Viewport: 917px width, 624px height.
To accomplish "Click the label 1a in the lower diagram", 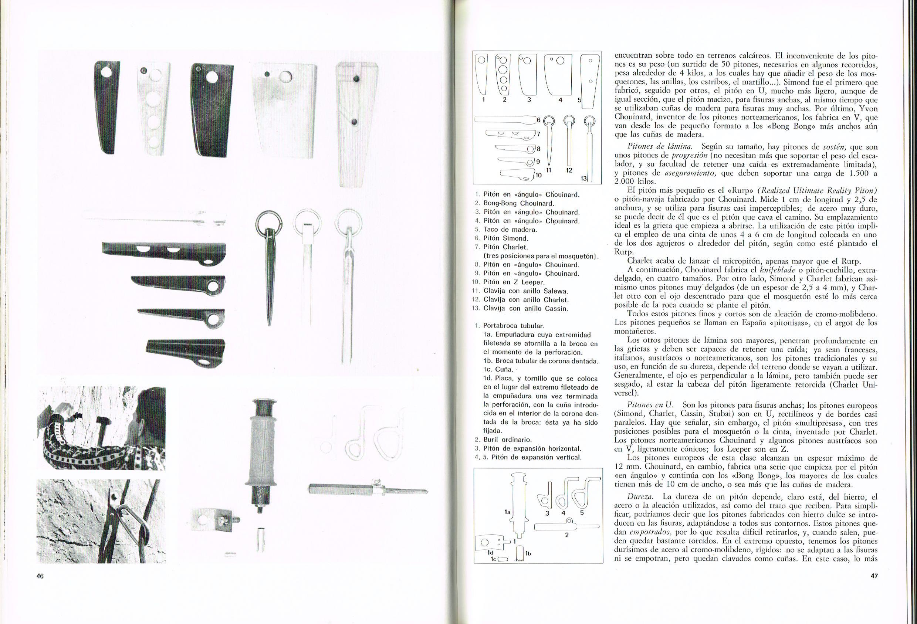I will click(508, 512).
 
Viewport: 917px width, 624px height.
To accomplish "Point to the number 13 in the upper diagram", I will click(583, 179).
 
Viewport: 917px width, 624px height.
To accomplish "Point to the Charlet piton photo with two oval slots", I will click(164, 252).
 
